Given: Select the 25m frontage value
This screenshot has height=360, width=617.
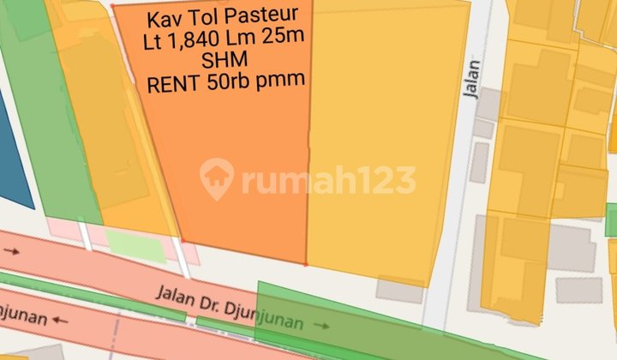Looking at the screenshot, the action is click(285, 40).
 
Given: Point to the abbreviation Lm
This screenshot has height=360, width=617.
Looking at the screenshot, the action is click(253, 40).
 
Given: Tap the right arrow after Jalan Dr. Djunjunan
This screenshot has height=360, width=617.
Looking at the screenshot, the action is click(321, 326).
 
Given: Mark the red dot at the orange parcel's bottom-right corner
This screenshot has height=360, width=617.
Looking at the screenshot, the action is click(306, 264).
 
